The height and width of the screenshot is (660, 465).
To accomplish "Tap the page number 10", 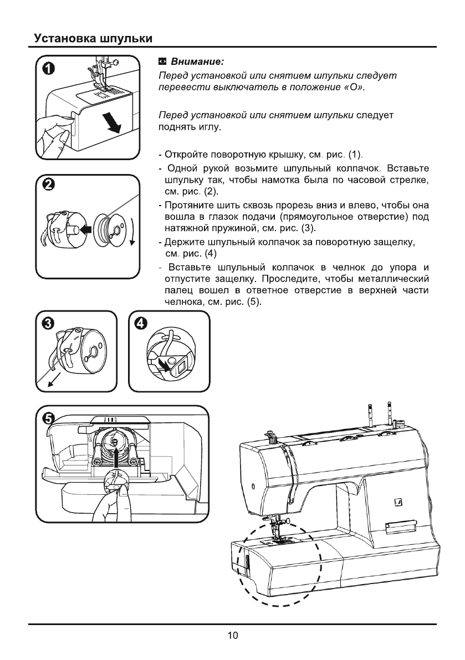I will [x=233, y=635].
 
